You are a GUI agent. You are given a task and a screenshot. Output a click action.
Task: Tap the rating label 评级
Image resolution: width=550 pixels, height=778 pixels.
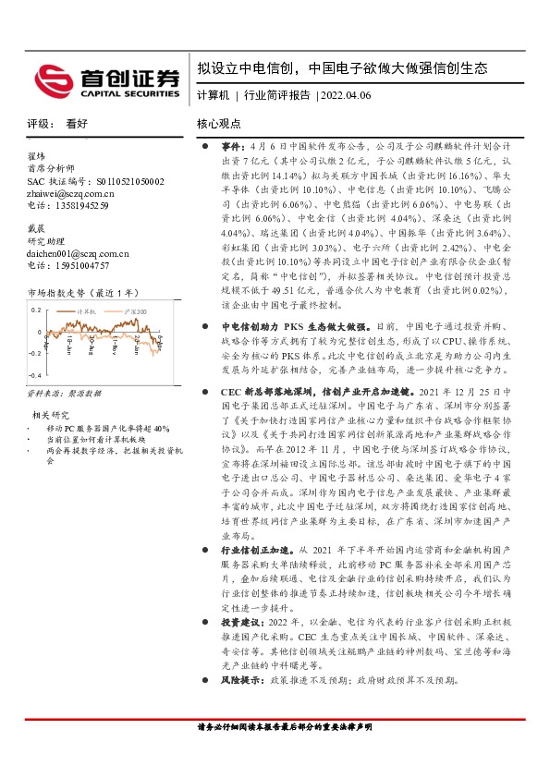(x=38, y=123)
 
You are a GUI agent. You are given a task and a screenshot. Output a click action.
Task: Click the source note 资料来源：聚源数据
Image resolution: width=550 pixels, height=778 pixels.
(x=64, y=393)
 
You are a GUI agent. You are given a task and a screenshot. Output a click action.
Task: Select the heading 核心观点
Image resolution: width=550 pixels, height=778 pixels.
(x=219, y=123)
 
